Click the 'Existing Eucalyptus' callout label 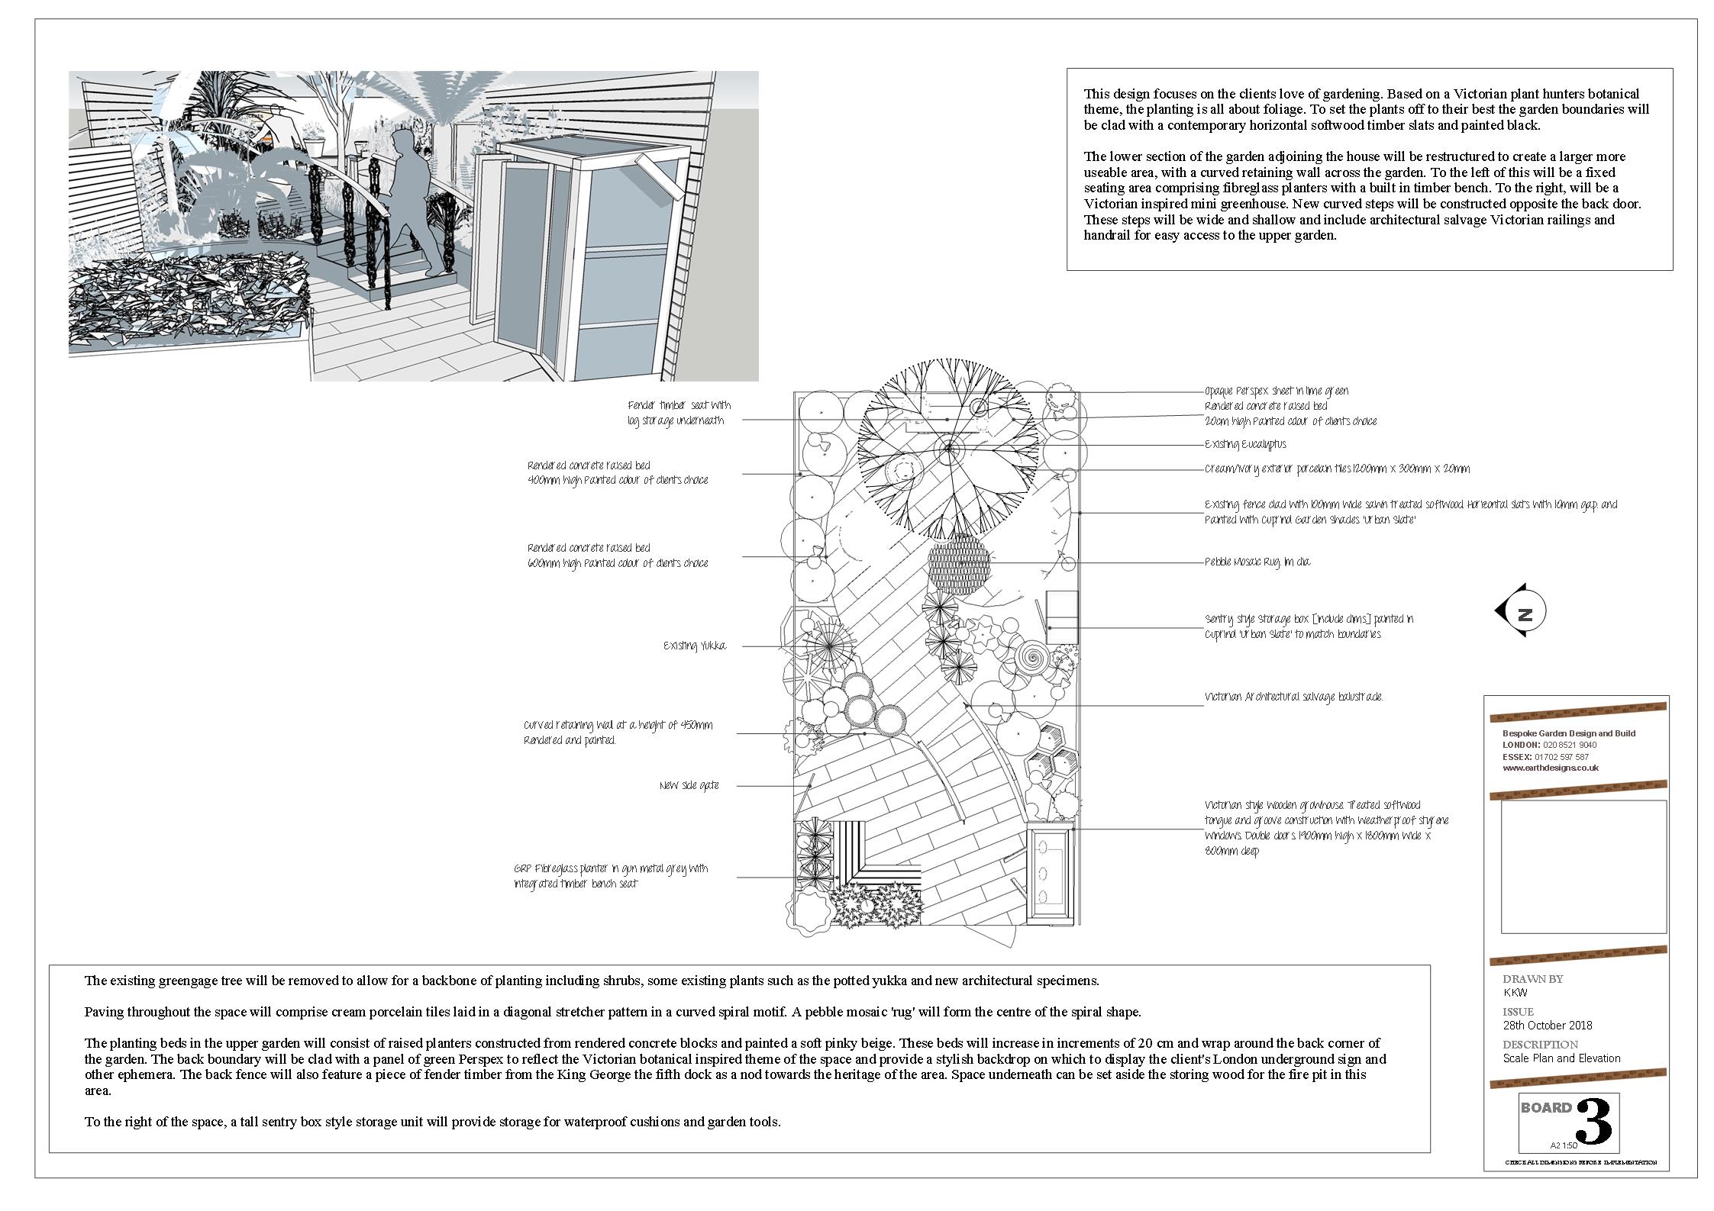[1244, 444]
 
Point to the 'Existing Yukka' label [695, 646]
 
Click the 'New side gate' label [689, 785]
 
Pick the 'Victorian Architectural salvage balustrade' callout [1293, 697]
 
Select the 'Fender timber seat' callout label [679, 413]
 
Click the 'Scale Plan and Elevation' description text [1561, 1058]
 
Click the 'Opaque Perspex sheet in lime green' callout [1277, 391]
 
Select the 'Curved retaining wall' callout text [618, 733]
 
